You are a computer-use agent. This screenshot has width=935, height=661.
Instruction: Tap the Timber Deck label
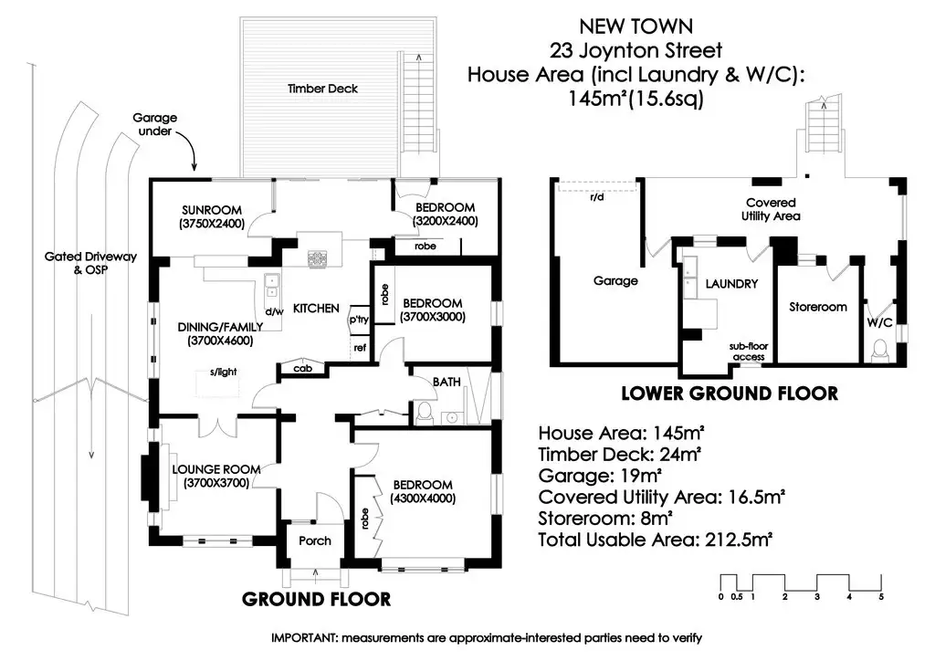[322, 89]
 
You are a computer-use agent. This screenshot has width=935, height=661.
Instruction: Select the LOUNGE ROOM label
[216, 470]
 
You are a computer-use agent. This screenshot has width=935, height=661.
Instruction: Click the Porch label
[315, 540]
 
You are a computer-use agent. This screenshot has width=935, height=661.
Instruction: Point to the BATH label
[446, 382]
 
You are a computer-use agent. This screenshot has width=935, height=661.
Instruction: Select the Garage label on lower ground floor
[615, 280]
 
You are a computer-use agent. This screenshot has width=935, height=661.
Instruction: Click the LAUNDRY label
[731, 284]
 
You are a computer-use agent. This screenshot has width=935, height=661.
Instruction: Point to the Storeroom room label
[817, 307]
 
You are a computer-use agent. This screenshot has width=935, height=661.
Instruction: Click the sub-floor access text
[748, 352]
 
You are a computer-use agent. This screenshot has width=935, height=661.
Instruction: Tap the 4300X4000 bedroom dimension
[422, 498]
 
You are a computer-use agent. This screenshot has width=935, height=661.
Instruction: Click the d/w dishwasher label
[273, 311]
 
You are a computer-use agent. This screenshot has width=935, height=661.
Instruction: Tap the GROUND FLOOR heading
[316, 599]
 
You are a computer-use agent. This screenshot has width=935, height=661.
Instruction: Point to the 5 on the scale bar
[881, 597]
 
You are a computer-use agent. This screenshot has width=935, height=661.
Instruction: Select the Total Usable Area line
[656, 540]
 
